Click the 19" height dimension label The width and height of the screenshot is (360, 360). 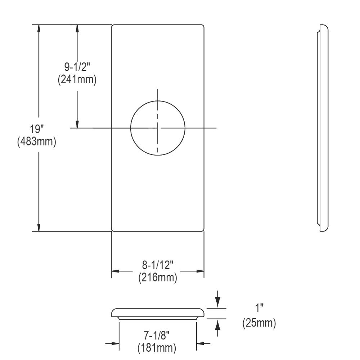pyautogui.click(x=36, y=129)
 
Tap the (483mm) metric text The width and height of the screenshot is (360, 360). pyautogui.click(x=36, y=141)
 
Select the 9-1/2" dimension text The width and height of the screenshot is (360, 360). pyautogui.click(x=77, y=67)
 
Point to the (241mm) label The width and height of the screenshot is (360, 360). pyautogui.click(x=77, y=79)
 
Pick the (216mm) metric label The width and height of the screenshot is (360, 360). pyautogui.click(x=158, y=278)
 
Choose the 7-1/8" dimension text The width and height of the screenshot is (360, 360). pyautogui.click(x=157, y=336)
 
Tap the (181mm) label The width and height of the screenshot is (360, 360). pyautogui.click(x=157, y=348)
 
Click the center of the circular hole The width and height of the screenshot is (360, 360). pyautogui.click(x=158, y=128)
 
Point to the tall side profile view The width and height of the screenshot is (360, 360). pyautogui.click(x=323, y=128)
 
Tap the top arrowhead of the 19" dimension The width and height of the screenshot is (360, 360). pyautogui.click(x=39, y=29)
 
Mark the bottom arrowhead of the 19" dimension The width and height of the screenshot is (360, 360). pyautogui.click(x=39, y=227)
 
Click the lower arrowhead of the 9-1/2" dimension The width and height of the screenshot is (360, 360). pyautogui.click(x=77, y=123)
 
